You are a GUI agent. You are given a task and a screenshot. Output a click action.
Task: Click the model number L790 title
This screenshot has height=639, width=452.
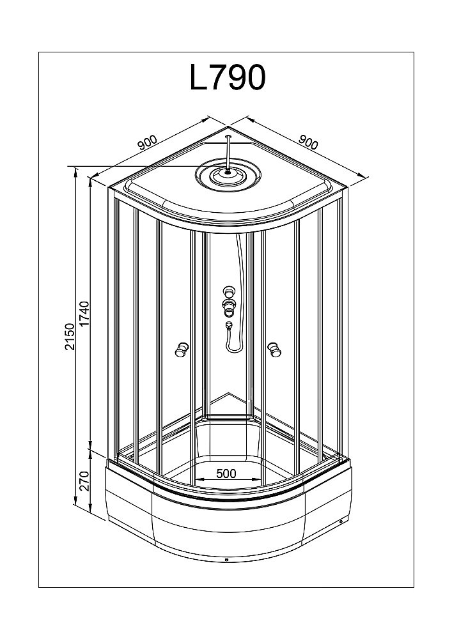(x=227, y=78)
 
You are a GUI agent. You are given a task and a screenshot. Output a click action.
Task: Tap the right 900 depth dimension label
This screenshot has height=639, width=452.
(x=308, y=142)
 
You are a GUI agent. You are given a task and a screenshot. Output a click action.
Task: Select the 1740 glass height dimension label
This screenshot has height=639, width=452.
(x=84, y=312)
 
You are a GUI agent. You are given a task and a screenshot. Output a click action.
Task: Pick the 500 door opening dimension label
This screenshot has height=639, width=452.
(x=226, y=473)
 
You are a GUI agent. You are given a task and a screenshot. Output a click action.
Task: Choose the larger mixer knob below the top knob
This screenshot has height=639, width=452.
(x=228, y=302)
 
